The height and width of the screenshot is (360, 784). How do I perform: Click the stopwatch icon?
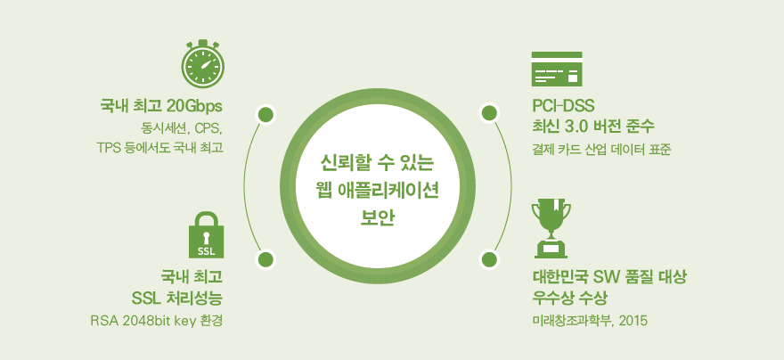pos(202,63)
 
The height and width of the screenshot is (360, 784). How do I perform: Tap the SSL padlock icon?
pos(206,235)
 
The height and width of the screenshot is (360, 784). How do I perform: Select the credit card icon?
pos(557,69)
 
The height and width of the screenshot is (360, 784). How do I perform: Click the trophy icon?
pos(551,228)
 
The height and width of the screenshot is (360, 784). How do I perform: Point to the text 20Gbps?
pos(194,107)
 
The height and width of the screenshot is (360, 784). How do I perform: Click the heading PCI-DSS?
pos(562,106)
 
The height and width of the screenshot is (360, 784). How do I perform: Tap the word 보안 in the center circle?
pos(378,218)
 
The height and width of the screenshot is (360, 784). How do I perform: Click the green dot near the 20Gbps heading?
pos(265,115)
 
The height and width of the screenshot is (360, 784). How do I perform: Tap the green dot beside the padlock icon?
pos(265,260)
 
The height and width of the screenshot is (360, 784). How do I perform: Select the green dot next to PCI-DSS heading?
pos(488,113)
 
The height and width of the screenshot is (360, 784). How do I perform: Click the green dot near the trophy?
pos(488,260)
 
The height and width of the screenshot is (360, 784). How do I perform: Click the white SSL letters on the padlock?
pos(207,251)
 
